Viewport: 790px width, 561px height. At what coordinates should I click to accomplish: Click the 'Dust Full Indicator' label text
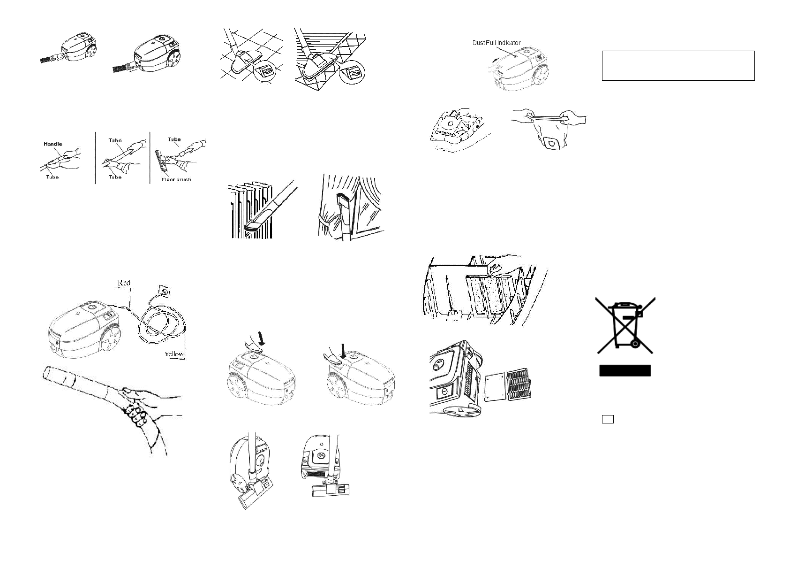(496, 43)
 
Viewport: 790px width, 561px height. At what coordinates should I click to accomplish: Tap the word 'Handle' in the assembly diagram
(53, 144)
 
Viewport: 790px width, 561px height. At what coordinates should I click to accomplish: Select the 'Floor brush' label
(176, 179)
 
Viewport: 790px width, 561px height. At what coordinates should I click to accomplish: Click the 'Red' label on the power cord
(124, 283)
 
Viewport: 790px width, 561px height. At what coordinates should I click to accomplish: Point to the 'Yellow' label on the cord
(173, 354)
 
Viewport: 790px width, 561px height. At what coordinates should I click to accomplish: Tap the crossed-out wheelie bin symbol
(625, 325)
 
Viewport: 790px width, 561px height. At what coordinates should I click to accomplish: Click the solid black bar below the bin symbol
(625, 371)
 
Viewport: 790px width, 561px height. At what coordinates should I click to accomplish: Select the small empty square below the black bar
(608, 419)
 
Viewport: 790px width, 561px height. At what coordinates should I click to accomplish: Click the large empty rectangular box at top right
(678, 66)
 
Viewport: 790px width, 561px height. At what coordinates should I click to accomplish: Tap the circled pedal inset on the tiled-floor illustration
(266, 73)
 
